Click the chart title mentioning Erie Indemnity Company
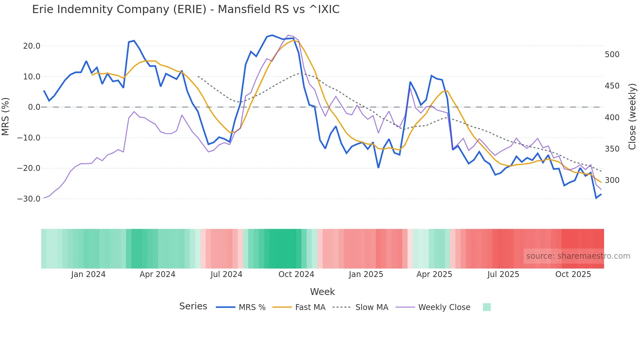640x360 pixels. (x=185, y=9)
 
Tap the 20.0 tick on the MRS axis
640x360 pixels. (x=32, y=46)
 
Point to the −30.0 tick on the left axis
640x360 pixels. (x=29, y=199)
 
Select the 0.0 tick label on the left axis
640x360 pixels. (x=34, y=107)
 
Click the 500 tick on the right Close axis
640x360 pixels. (x=612, y=55)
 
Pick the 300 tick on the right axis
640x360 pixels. (x=612, y=180)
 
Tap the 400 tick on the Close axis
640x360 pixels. (x=612, y=118)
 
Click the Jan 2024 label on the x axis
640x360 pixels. (x=88, y=274)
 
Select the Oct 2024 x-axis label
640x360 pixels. (x=296, y=274)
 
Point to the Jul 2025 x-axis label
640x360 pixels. (x=503, y=274)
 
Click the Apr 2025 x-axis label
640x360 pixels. (x=434, y=274)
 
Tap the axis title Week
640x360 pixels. (x=322, y=292)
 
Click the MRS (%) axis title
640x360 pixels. (x=6, y=116)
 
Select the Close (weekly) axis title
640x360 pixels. (x=632, y=116)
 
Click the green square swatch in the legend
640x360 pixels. (x=487, y=307)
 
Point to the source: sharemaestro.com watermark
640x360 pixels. (x=578, y=256)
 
